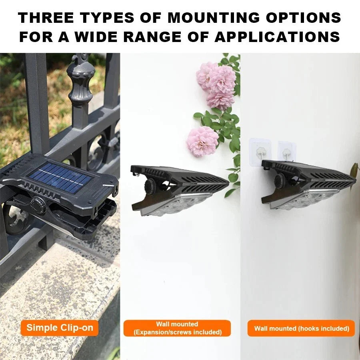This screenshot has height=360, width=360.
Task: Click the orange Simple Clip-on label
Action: pos(60,328)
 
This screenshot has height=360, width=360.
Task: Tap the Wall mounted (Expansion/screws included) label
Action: pos(177,328)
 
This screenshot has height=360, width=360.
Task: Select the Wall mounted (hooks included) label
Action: pos(301,328)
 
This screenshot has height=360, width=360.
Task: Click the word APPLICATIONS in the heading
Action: pos(277,37)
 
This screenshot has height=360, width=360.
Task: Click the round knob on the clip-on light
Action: pos(38,202)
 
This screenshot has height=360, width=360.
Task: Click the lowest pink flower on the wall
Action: pos(202,141)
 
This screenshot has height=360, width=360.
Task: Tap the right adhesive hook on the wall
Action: pos(286,152)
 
